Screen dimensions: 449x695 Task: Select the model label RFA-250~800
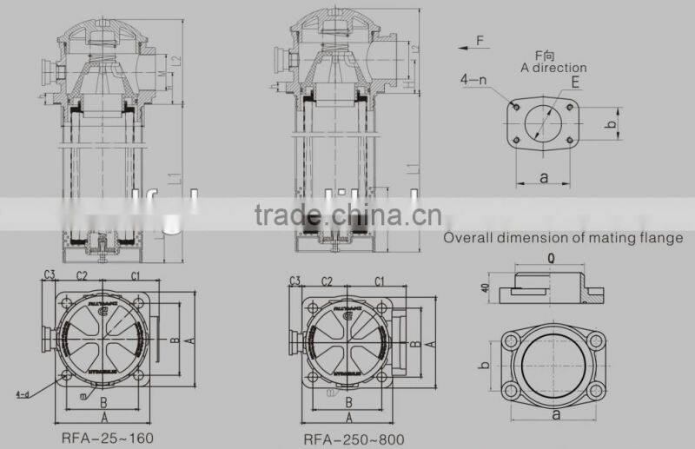(x=354, y=439)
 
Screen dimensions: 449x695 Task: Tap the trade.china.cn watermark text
(x=347, y=215)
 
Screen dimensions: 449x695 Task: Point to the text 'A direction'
(x=553, y=68)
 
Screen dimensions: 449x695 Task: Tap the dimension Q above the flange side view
(x=553, y=258)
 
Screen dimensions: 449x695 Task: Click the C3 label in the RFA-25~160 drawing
(x=50, y=276)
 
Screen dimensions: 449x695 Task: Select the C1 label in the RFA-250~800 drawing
(x=379, y=281)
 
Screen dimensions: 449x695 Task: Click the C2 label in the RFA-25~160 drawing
(x=82, y=276)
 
